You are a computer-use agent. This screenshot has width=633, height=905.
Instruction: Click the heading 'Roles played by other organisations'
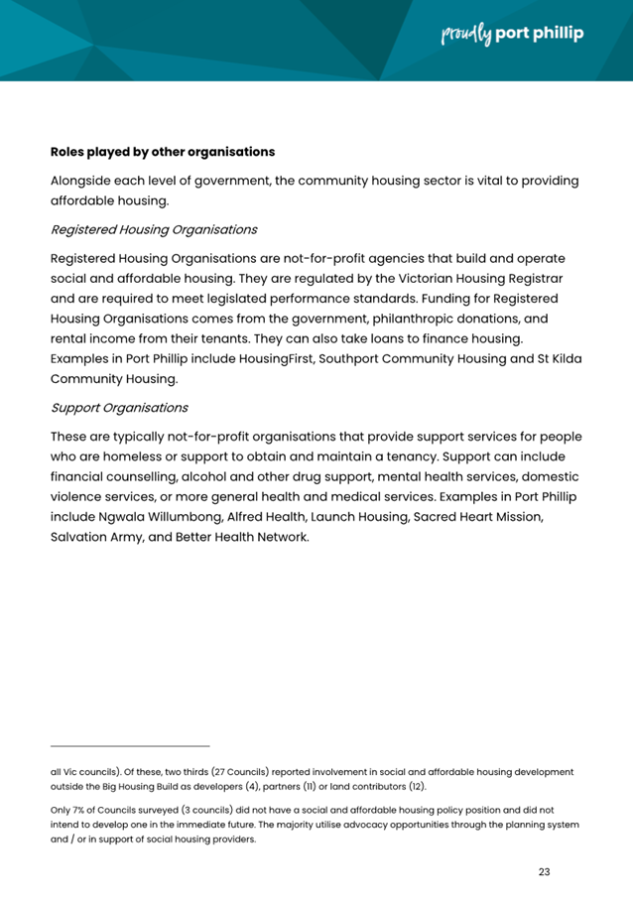click(163, 153)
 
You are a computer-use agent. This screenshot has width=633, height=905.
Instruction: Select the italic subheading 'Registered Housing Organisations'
click(154, 229)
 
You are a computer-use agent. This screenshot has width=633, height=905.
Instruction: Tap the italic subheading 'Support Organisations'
click(119, 407)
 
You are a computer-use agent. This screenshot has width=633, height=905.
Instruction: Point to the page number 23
click(544, 872)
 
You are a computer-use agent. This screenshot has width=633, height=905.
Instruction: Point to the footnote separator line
click(130, 745)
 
